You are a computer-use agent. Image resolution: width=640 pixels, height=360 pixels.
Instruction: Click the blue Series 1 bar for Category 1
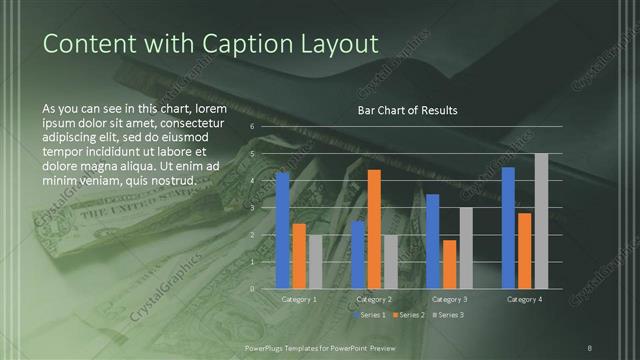click(282, 230)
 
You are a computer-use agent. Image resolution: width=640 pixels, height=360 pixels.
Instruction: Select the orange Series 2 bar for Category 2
click(374, 229)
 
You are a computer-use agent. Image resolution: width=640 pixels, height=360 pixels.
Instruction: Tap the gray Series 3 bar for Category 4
click(541, 221)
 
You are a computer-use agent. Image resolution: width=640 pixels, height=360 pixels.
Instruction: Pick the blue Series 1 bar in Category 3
click(432, 241)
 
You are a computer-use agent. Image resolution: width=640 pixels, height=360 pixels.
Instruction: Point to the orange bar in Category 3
click(449, 264)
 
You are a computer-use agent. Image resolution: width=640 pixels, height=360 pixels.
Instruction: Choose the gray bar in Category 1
click(315, 261)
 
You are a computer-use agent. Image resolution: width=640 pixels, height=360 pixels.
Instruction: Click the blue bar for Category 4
click(508, 227)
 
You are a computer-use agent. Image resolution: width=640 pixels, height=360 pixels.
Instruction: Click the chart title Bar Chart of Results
click(407, 110)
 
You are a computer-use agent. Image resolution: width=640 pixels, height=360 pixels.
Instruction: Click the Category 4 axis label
click(524, 299)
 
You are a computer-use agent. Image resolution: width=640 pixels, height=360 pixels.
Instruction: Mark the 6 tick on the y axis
click(252, 126)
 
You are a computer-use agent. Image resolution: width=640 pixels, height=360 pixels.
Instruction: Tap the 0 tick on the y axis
click(252, 288)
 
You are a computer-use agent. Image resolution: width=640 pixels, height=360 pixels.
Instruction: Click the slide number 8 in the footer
click(589, 346)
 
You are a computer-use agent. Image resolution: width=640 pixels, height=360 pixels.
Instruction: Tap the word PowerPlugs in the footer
click(268, 346)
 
